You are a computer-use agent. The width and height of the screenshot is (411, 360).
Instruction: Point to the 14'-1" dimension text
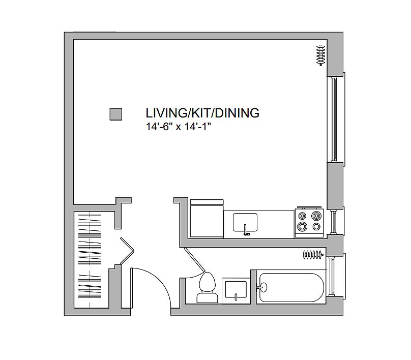click(198, 127)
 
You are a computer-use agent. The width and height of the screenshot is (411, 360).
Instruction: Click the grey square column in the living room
click(115, 114)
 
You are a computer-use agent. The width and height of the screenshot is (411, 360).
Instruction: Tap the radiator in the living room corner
click(320, 55)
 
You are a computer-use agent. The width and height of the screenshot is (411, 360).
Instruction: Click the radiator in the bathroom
click(313, 254)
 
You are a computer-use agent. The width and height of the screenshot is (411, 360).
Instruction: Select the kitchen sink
click(245, 222)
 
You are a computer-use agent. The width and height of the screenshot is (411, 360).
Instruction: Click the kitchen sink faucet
click(246, 230)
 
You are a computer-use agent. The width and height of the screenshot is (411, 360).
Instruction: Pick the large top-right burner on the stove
click(316, 216)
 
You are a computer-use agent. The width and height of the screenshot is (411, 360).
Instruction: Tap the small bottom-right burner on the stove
click(316, 227)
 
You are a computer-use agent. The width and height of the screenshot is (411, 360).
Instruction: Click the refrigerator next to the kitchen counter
click(207, 219)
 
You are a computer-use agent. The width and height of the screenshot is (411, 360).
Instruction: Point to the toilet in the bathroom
click(208, 287)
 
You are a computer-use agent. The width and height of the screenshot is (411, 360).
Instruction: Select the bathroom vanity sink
click(236, 290)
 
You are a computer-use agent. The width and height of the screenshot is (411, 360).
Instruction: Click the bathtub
click(291, 288)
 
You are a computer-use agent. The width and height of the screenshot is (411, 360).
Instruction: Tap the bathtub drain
click(263, 287)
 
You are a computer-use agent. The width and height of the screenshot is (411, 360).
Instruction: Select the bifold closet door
click(127, 251)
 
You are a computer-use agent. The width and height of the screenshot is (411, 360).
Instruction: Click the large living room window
click(336, 118)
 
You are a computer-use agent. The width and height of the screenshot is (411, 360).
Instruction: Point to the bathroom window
click(335, 277)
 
